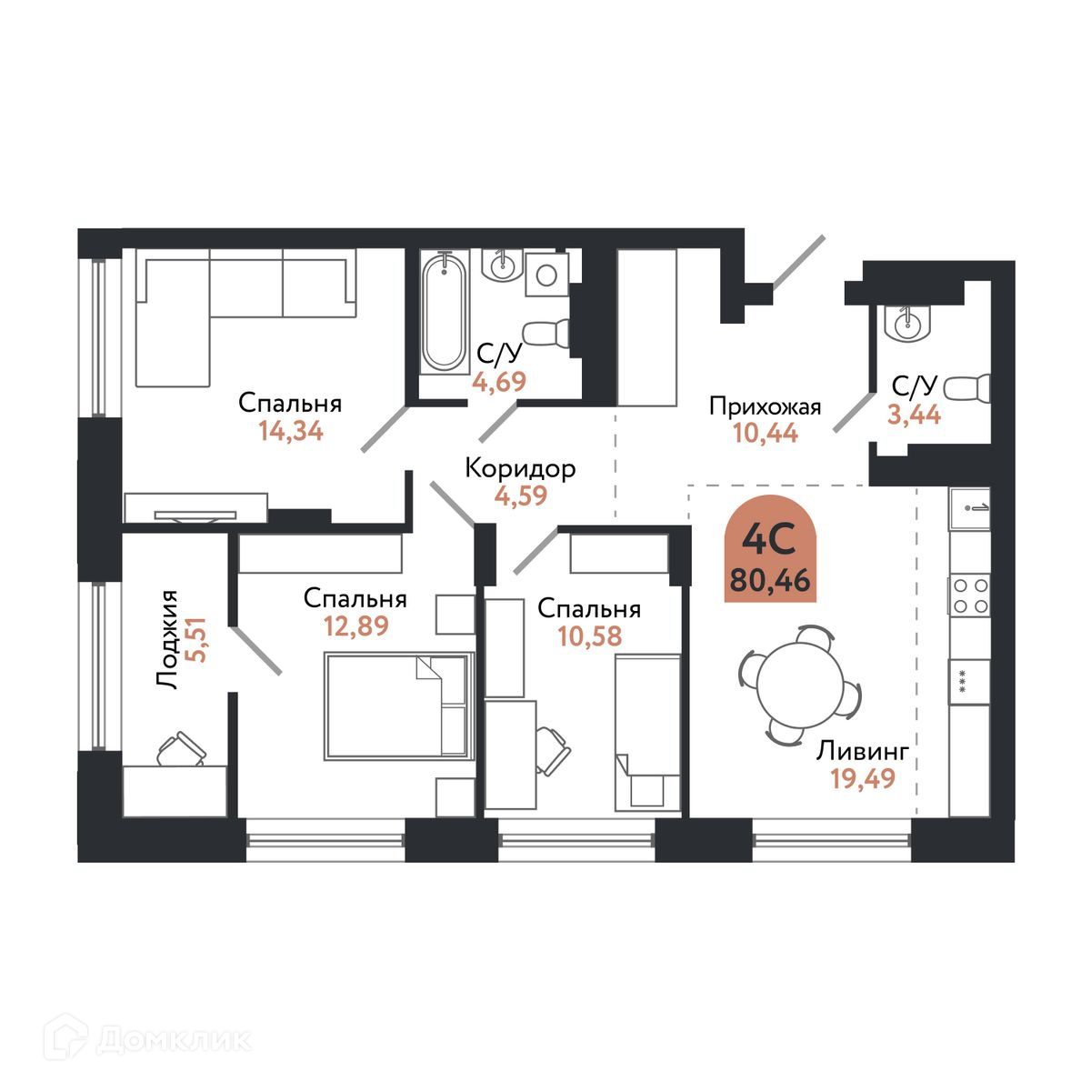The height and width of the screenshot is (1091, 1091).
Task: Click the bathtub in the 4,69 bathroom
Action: [x=445, y=312]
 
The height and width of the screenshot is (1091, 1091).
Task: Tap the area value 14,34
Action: [x=291, y=431]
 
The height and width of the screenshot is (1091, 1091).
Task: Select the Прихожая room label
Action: [x=765, y=407]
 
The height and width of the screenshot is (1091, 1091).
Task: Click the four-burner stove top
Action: [x=970, y=596]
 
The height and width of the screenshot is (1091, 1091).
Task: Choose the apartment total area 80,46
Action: [x=770, y=580]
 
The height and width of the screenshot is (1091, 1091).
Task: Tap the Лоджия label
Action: [x=167, y=640]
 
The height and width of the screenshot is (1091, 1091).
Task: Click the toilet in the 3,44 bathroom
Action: [x=967, y=389]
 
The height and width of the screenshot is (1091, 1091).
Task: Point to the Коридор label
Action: [x=520, y=469]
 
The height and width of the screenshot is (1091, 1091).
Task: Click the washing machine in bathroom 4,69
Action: [x=547, y=274]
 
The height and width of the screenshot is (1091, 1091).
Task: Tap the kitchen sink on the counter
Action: [x=970, y=508]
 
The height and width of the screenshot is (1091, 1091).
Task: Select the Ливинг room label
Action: [x=862, y=751]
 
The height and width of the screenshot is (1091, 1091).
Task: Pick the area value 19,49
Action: [x=863, y=778]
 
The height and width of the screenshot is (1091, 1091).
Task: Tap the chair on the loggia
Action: [x=181, y=748]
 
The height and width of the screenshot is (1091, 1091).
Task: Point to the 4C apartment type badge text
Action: [x=770, y=541]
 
